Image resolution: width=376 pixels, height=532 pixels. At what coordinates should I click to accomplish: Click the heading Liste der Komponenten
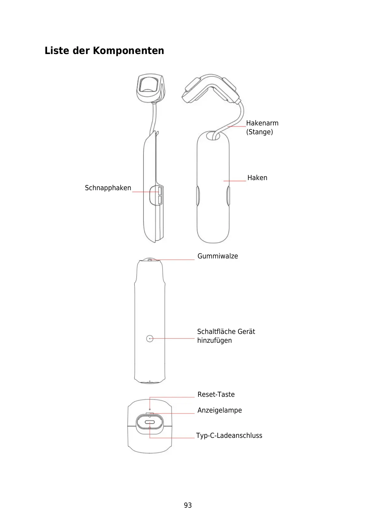pyautogui.click(x=104, y=51)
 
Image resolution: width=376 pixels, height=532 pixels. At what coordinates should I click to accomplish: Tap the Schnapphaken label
pyautogui.click(x=108, y=188)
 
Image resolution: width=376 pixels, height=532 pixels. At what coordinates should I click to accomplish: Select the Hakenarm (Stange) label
pyautogui.click(x=262, y=127)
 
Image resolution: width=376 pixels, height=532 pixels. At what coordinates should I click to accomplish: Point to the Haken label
pyautogui.click(x=257, y=178)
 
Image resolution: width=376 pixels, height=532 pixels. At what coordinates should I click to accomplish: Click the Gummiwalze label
pyautogui.click(x=218, y=256)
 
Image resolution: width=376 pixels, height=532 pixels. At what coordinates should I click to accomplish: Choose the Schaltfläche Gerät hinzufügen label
pyautogui.click(x=226, y=336)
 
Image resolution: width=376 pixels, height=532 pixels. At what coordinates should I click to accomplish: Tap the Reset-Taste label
pyautogui.click(x=216, y=395)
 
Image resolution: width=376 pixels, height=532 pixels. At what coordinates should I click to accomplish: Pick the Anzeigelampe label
pyautogui.click(x=219, y=410)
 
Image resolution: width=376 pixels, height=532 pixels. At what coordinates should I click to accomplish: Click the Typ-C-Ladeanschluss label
pyautogui.click(x=229, y=436)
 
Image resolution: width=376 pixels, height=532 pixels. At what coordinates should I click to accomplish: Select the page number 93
pyautogui.click(x=188, y=505)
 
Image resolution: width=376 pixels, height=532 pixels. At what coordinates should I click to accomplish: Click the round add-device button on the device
pyautogui.click(x=150, y=339)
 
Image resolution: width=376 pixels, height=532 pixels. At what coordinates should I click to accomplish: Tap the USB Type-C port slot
pyautogui.click(x=150, y=422)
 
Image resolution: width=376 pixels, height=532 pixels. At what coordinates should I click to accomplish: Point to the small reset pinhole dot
pyautogui.click(x=150, y=409)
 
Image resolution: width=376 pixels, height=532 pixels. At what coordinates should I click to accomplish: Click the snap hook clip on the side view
pyautogui.click(x=159, y=195)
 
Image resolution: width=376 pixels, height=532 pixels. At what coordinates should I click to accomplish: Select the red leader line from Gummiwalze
pyautogui.click(x=177, y=259)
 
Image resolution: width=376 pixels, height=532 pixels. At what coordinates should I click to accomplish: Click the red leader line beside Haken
pyautogui.click(x=235, y=181)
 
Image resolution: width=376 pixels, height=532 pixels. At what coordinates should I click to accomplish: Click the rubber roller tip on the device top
pyautogui.click(x=150, y=260)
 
